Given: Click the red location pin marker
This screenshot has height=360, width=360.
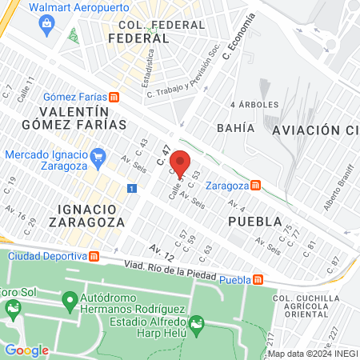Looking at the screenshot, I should click(x=181, y=163).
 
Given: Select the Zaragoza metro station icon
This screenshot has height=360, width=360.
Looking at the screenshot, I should click(x=255, y=185).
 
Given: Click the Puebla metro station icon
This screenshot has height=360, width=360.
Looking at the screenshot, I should click(x=258, y=279).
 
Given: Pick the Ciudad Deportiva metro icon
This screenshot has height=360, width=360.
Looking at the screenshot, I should click(x=94, y=256).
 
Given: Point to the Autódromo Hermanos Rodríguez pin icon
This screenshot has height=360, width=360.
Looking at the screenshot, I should click(x=68, y=301).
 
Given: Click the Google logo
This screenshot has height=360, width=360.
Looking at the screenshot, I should click(x=26, y=350).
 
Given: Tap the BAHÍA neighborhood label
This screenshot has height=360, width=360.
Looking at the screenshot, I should click(x=235, y=128).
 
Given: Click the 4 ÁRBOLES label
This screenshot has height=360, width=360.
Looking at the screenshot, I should click(x=254, y=105).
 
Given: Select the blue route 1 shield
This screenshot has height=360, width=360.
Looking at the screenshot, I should click(x=130, y=188).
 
